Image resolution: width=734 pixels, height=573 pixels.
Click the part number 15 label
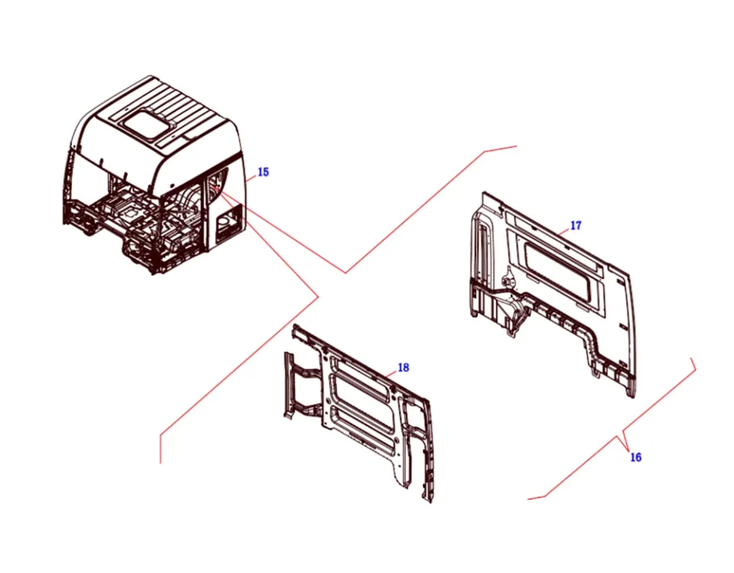pos(263,172)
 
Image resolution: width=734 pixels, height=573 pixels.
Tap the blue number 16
pos(635,457)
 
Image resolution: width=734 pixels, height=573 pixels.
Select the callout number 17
pos(576,225)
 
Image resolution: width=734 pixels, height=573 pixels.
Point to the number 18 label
pos(403,367)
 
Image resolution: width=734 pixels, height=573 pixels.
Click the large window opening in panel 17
pos(560,271)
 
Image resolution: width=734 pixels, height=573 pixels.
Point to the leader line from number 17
pos(564,231)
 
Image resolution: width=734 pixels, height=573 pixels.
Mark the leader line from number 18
pos(391,374)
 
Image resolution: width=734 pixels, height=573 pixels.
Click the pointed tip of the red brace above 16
pos(627,448)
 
